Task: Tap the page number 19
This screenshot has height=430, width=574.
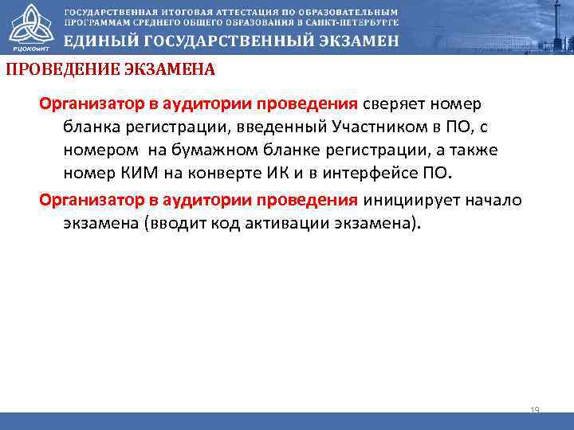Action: pos(535,410)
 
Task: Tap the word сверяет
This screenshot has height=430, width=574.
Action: pos(394,104)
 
